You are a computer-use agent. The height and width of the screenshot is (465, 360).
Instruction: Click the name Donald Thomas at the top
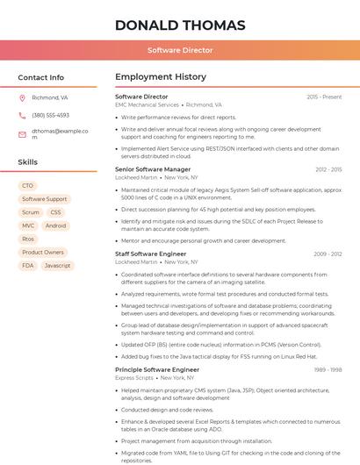[x=180, y=25]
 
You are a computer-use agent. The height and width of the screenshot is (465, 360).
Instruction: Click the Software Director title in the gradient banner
[x=180, y=50]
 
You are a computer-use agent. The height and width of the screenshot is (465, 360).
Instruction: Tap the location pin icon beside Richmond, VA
[x=22, y=98]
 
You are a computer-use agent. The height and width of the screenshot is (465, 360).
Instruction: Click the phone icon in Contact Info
[x=22, y=115]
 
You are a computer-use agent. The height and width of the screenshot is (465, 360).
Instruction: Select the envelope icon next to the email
[x=22, y=134]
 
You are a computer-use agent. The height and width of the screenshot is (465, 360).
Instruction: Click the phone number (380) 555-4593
[x=50, y=115]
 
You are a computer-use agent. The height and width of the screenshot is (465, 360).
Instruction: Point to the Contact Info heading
[x=40, y=77]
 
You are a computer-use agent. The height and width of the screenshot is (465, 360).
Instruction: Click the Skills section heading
[x=28, y=162]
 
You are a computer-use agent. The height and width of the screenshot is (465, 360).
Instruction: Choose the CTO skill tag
[x=27, y=186]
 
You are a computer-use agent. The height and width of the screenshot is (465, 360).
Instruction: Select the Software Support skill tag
[x=44, y=199]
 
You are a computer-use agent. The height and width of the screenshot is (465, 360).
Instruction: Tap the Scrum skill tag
[x=31, y=212]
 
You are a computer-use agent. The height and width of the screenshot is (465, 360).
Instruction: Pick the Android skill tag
[x=55, y=225]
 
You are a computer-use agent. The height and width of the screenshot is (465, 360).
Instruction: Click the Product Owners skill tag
[x=42, y=252]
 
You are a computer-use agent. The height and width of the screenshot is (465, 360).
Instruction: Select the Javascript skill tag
[x=57, y=265]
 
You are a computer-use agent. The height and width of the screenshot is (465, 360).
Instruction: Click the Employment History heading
[x=160, y=77]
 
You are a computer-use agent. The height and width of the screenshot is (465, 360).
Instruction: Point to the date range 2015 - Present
[x=324, y=97]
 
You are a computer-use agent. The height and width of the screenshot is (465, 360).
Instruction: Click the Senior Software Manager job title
[x=153, y=169]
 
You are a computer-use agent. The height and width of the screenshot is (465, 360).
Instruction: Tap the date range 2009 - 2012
[x=328, y=254]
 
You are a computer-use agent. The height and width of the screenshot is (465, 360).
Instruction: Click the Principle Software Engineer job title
[x=157, y=369]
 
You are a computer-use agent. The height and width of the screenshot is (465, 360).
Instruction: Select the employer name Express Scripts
[x=134, y=377]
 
